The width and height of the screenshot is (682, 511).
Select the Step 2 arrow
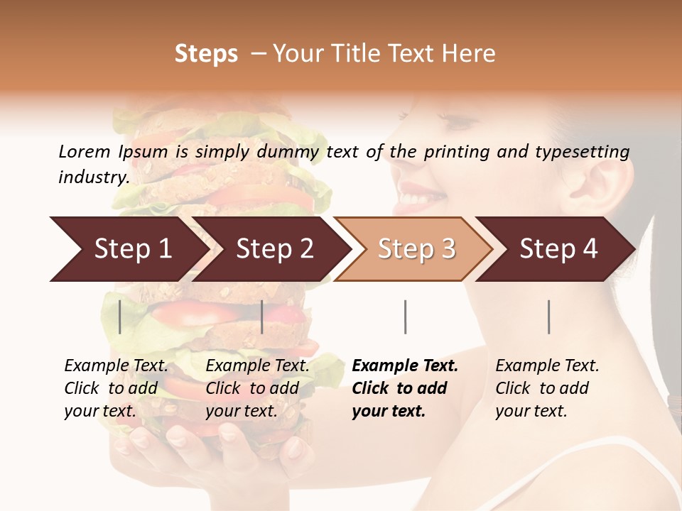274,249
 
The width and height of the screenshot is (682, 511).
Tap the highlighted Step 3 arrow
415,249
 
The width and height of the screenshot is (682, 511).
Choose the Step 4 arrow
558,249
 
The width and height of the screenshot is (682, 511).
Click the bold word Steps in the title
206,54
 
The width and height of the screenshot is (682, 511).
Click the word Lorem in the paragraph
84,151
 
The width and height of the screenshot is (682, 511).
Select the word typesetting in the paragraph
581,152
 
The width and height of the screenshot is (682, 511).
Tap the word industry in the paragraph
93,177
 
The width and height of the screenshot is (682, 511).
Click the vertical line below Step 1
120,317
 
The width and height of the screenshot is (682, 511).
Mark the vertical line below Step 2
262,317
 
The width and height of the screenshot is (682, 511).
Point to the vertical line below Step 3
405,317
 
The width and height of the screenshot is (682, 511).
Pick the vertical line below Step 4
548,317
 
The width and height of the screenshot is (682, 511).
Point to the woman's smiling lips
419,195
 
